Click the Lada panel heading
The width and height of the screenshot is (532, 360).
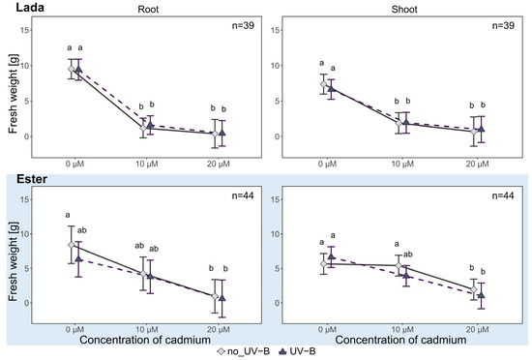[30, 7]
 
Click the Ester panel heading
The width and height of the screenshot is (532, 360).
[32, 179]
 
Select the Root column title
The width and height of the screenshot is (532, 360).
[148, 9]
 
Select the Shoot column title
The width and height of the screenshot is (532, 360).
[404, 9]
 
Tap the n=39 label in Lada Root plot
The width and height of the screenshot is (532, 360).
[243, 25]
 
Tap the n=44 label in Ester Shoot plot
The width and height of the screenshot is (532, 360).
[503, 195]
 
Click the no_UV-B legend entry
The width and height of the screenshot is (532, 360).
[244, 351]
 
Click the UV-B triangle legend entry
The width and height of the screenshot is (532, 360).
[297, 351]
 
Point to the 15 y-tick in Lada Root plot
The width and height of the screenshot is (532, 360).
[26, 30]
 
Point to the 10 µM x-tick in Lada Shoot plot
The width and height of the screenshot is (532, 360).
[402, 165]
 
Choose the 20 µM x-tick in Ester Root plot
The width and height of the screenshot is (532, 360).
[219, 329]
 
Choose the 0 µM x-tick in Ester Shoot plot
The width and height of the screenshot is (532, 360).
[327, 329]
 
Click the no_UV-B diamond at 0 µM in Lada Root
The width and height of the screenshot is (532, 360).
[71, 69]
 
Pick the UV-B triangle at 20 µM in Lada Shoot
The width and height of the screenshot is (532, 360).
[481, 129]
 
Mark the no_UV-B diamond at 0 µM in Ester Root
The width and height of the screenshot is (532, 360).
[71, 245]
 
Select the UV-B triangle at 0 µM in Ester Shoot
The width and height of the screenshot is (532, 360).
[331, 256]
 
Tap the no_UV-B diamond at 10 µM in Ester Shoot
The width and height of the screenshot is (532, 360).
[399, 265]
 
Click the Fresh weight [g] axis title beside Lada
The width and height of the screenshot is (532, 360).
[13, 94]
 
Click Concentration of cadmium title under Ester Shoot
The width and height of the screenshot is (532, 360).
[400, 340]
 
